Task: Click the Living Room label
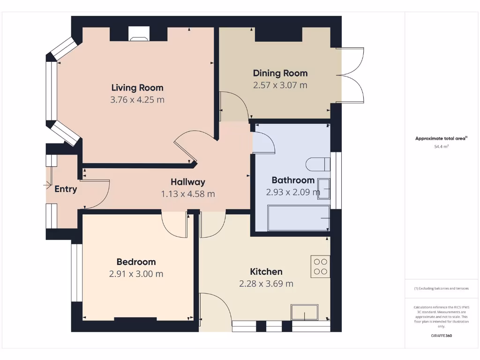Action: click(137, 88)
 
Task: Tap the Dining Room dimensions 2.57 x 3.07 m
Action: click(280, 85)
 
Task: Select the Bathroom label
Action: click(293, 180)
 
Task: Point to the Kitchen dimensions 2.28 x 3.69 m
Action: click(266, 284)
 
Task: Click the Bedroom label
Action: click(136, 262)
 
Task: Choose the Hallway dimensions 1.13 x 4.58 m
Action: click(188, 194)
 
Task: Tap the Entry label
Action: click(66, 189)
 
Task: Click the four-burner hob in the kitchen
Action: click(321, 266)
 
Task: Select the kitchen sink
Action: click(304, 312)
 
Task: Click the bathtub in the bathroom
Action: click(298, 218)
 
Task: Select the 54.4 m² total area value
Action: click(441, 147)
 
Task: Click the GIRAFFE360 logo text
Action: click(441, 336)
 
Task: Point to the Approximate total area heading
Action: click(441, 138)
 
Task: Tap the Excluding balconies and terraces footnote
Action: click(441, 288)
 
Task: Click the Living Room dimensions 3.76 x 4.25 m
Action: click(137, 100)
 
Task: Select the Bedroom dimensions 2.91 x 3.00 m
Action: click(136, 274)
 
